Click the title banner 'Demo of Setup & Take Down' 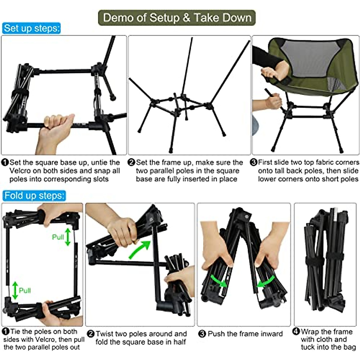click(177, 18)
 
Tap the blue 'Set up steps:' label click(32, 28)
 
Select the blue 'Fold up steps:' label click(34, 196)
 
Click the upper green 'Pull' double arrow click(68, 237)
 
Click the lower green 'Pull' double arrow click(15, 290)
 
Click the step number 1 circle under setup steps click(5, 163)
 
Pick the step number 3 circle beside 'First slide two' click(254, 162)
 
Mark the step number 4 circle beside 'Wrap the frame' click(296, 332)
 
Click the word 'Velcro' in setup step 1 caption click(20, 171)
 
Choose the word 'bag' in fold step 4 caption click(349, 347)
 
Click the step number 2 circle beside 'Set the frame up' click(131, 163)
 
